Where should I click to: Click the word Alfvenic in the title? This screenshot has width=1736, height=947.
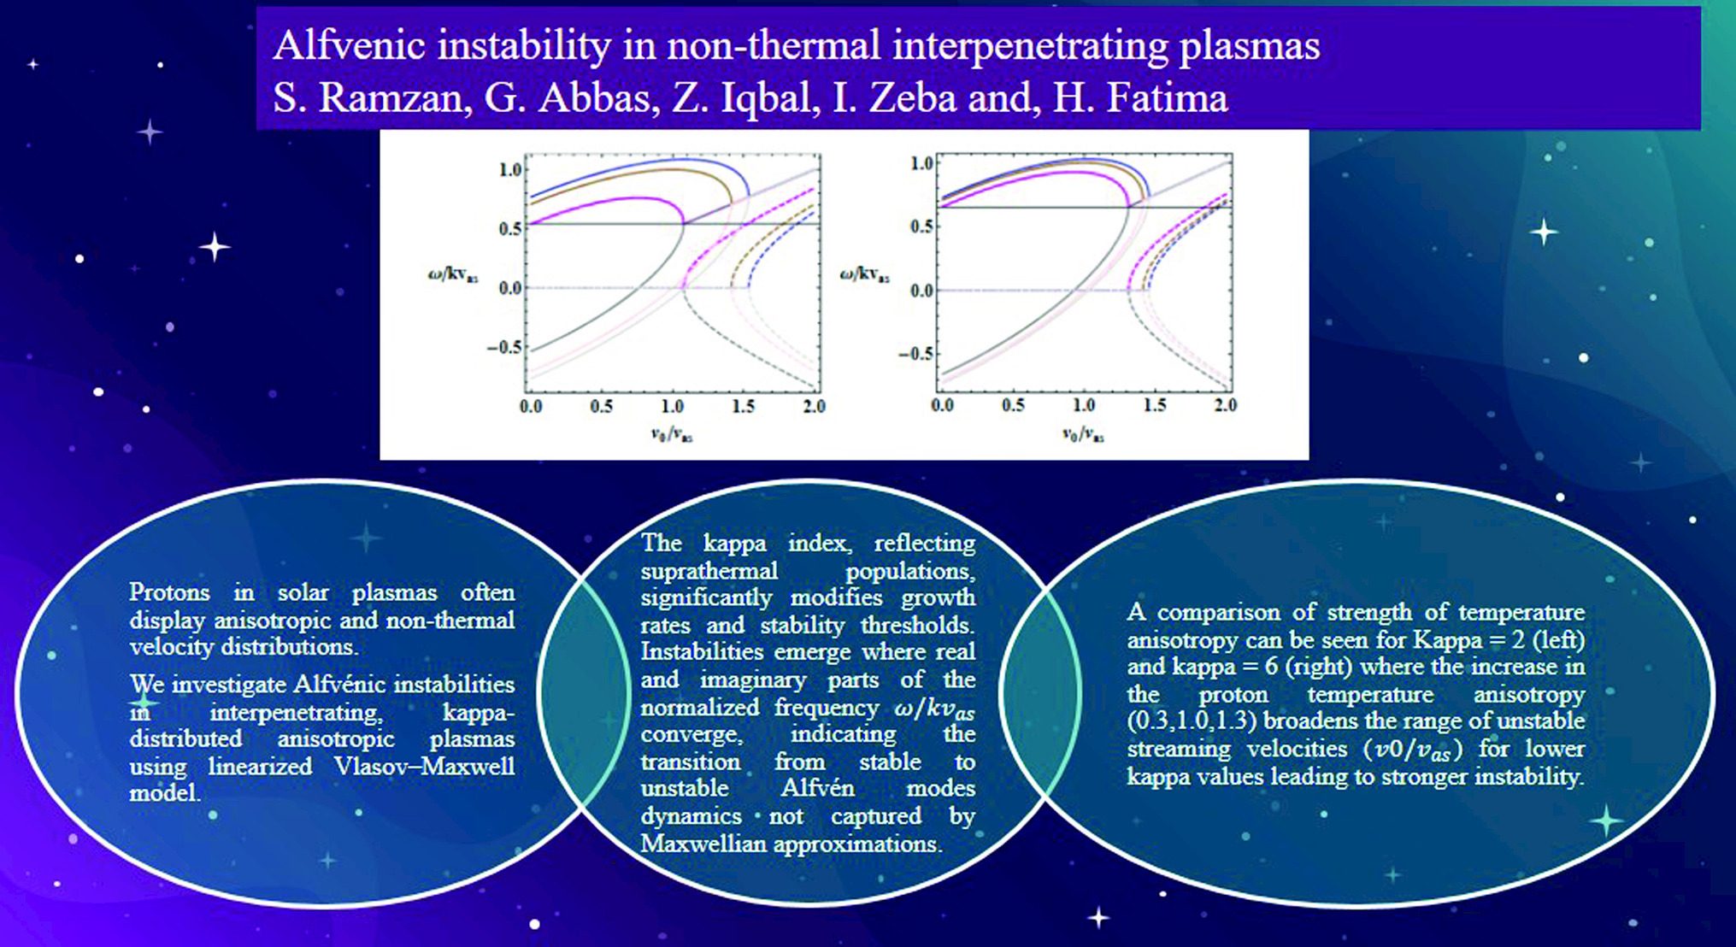click(x=349, y=46)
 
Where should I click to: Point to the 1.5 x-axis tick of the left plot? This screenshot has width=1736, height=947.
click(x=743, y=407)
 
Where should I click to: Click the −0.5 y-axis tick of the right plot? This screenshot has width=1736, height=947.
click(x=915, y=354)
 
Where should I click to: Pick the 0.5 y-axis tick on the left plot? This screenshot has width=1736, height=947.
click(x=510, y=229)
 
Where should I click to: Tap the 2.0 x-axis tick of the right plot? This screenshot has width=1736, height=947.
click(x=1225, y=405)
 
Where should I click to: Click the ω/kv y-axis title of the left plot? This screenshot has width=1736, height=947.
click(x=452, y=275)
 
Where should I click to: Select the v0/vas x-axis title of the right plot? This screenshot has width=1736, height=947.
click(x=1082, y=435)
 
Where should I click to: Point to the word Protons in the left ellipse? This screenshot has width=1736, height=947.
click(x=169, y=592)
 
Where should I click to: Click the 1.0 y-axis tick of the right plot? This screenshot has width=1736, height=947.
click(x=921, y=163)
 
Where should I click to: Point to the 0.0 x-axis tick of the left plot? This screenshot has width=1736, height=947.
click(x=531, y=407)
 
